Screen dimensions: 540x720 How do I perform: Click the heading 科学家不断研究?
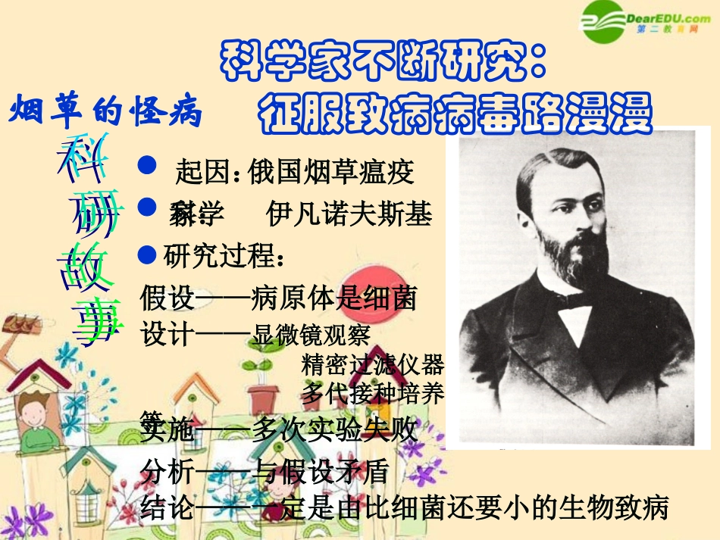click(x=383, y=61)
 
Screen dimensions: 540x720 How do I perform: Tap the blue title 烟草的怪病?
click(x=106, y=113)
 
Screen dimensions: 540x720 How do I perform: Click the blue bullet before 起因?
click(x=149, y=165)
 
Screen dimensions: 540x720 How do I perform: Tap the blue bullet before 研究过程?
click(x=149, y=252)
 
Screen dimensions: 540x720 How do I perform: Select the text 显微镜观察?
click(x=311, y=334)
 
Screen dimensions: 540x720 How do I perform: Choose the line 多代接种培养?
click(x=372, y=393)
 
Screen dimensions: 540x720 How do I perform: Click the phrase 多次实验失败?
click(x=334, y=430)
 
